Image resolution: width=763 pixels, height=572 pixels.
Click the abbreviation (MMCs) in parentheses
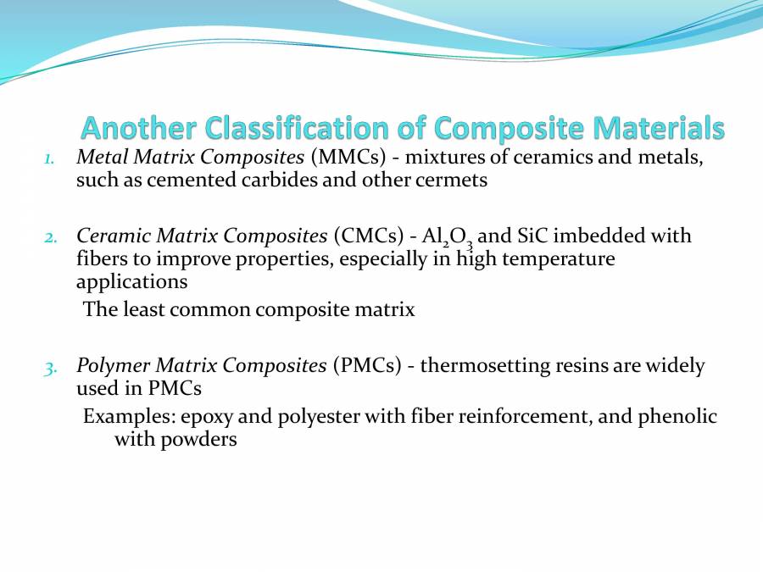coord(347,157)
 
